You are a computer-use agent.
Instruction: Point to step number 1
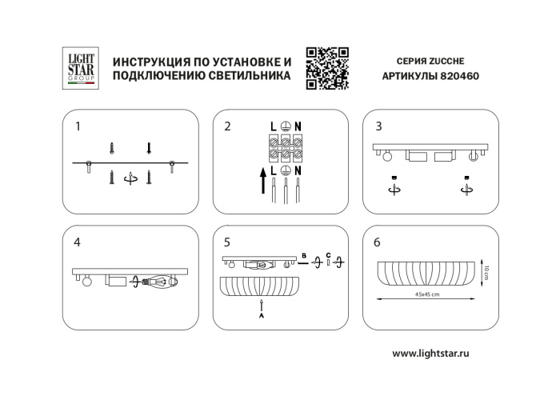click(78, 126)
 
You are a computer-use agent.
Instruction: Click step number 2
click(228, 126)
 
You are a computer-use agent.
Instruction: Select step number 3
click(378, 126)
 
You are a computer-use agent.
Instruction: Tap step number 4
click(78, 242)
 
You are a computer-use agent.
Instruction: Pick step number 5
click(228, 242)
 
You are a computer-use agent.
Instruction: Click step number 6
click(378, 242)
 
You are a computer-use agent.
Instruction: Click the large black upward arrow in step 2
click(262, 182)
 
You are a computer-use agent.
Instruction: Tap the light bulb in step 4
click(162, 282)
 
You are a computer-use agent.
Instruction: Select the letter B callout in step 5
click(304, 255)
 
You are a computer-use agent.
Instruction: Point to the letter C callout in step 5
click(328, 255)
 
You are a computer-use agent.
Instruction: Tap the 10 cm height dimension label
click(485, 271)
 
